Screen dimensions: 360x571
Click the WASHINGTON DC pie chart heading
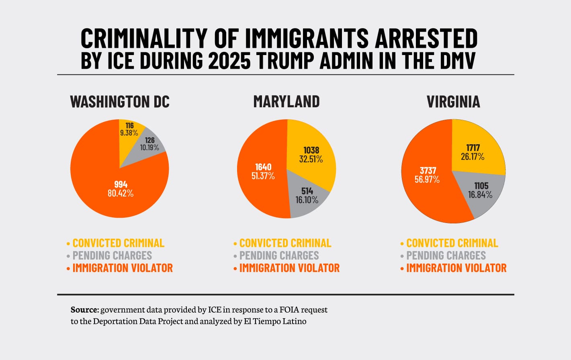120,102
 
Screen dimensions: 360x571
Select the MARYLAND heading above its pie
287,102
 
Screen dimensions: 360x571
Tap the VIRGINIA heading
453,102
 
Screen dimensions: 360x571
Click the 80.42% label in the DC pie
121,193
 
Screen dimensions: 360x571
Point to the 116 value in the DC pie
129,126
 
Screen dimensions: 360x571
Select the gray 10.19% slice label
149,147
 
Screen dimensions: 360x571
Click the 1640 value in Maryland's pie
263,167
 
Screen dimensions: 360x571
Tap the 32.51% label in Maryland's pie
311,159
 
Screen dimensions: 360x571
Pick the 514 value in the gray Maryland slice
307,191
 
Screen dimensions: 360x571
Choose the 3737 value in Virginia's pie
428,170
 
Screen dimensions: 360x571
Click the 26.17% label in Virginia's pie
473,156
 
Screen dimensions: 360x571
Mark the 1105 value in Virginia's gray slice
481,186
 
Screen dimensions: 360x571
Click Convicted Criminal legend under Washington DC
118,243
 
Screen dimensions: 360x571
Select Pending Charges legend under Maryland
279,256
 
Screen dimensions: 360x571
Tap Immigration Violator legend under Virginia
456,268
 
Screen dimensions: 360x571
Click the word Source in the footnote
84,310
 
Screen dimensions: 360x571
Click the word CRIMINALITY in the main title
143,39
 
